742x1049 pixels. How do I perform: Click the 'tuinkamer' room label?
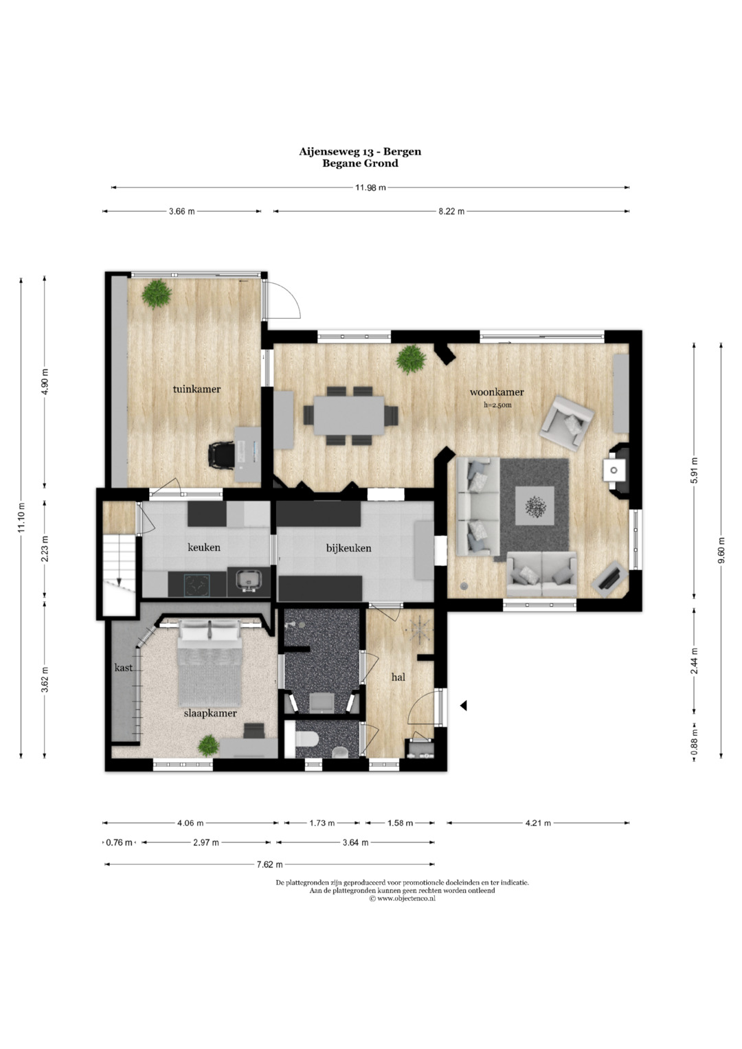[x=196, y=389]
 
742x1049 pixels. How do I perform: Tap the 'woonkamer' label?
[x=497, y=392]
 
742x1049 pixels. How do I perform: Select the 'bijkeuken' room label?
[x=348, y=548]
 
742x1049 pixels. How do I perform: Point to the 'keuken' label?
[x=204, y=547]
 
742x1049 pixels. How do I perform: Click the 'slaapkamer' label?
[x=210, y=713]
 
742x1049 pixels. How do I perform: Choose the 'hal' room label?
[x=398, y=677]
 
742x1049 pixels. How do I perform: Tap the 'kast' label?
[x=123, y=667]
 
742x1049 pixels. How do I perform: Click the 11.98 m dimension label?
[x=370, y=188]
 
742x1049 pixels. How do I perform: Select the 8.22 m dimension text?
[x=451, y=211]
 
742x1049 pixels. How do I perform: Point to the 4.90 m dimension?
[x=45, y=382]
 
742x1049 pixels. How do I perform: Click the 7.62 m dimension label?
[x=269, y=864]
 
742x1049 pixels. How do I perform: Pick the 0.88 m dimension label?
[x=694, y=739]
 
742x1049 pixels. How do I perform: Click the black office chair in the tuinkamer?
[x=221, y=455]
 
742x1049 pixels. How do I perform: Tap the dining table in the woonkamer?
[x=349, y=415]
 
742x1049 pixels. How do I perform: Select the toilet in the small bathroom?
[x=307, y=739]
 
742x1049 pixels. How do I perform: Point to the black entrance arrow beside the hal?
[x=463, y=706]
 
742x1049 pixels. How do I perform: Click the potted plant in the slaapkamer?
[x=208, y=745]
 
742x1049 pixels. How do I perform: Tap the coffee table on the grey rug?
[x=535, y=506]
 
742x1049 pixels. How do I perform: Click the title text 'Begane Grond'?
[x=360, y=163]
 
